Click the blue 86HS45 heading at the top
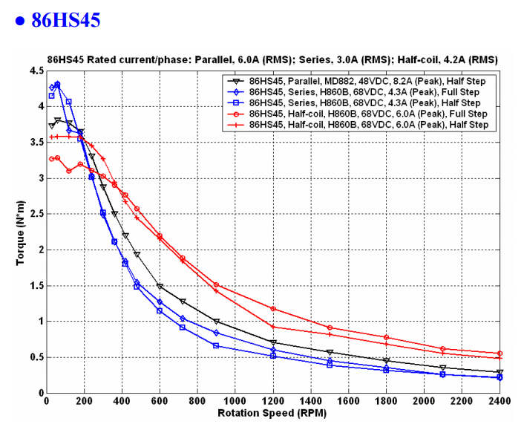[x=65, y=19]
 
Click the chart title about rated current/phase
[x=272, y=59]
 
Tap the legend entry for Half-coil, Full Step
[x=368, y=114]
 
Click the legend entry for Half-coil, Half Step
[x=368, y=125]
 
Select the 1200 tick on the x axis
[x=273, y=402]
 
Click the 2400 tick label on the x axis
[x=500, y=402]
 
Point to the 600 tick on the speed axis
[x=160, y=402]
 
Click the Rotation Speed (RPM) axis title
[x=272, y=413]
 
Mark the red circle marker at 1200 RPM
[x=273, y=308]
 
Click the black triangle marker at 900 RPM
[x=217, y=322]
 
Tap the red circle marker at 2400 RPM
[x=500, y=354]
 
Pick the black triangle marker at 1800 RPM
[x=387, y=360]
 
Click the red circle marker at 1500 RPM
[x=330, y=328]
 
